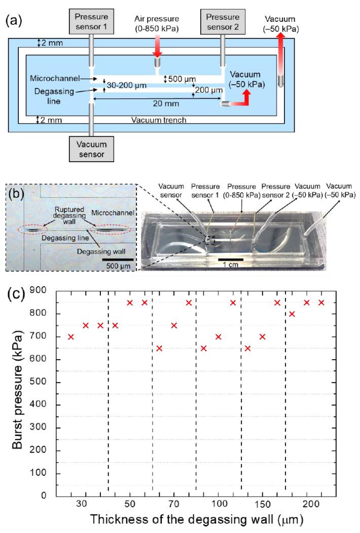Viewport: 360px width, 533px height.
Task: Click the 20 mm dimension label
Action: (x=156, y=105)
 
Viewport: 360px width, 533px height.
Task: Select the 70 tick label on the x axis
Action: (x=174, y=505)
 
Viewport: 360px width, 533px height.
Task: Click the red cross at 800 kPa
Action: (x=292, y=314)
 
